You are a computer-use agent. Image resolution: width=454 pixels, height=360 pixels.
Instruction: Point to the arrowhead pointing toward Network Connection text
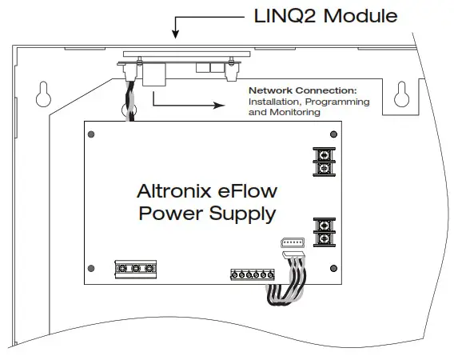point(217,102)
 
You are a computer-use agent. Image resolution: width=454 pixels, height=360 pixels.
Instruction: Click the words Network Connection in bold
point(301,91)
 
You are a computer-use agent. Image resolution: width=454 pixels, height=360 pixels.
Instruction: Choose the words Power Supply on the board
point(207,214)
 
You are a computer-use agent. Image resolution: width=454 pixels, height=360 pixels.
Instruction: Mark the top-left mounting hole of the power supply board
point(94,134)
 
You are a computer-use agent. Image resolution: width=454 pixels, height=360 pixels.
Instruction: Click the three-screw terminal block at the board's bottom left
point(133,269)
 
